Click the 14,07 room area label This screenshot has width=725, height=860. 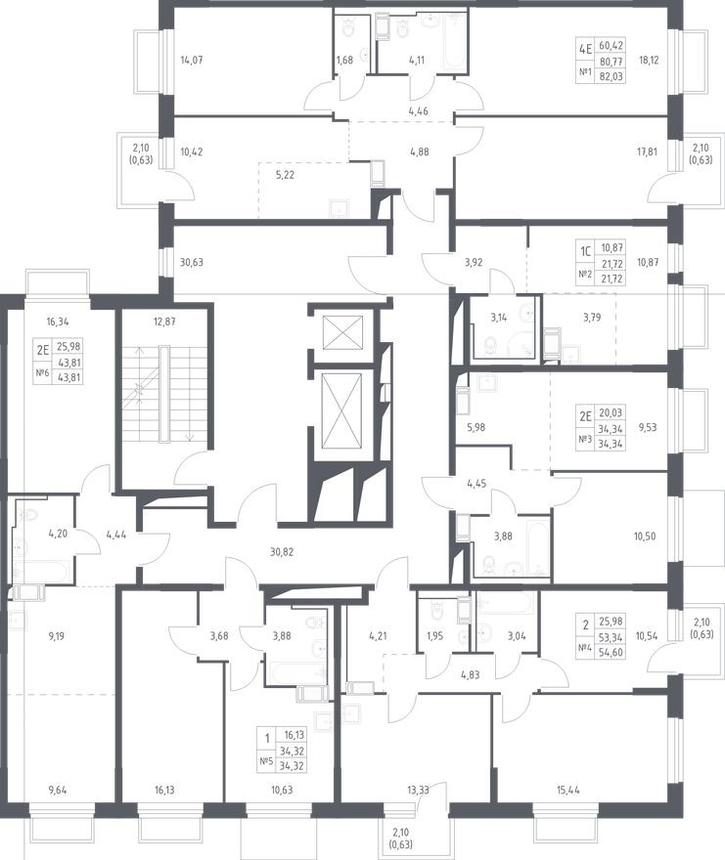(192, 60)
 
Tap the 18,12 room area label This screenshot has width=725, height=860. (649, 60)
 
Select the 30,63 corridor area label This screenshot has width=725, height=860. (191, 262)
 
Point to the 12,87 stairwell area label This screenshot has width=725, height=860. (164, 322)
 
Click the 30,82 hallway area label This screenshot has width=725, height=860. (282, 552)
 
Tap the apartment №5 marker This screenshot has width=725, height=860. (266, 760)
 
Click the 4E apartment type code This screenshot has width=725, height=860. (585, 50)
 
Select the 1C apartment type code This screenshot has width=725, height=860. (586, 252)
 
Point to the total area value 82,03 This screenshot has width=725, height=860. (612, 77)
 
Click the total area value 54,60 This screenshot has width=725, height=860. (612, 653)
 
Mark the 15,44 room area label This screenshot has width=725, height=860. (567, 791)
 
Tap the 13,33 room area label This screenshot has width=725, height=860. (418, 791)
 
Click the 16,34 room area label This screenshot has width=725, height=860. (59, 322)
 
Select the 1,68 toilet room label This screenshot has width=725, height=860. (344, 60)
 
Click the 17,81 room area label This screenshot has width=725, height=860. (647, 151)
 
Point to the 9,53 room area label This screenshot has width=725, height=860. (647, 427)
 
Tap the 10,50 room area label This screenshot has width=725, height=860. (646, 537)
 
